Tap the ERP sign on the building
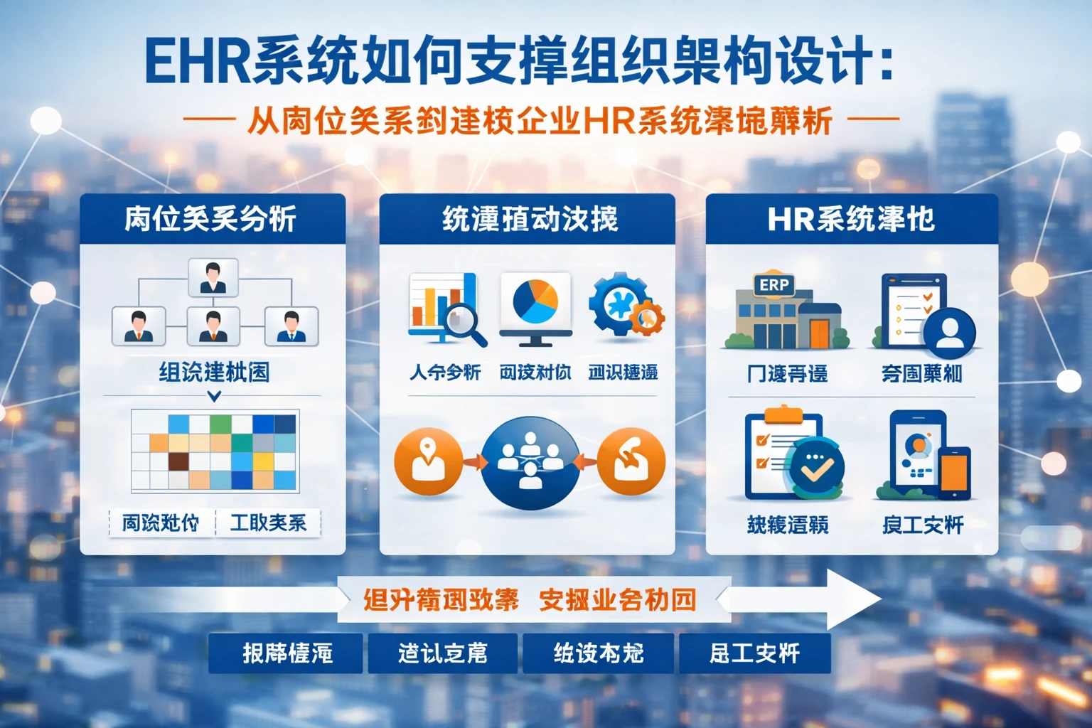pos(773,285)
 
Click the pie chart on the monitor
pos(535,301)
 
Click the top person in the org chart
pos(213,277)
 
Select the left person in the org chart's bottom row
pos(139,326)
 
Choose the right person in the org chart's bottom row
pos(291,326)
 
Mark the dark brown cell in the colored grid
pos(178,461)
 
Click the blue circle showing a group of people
pos(530,462)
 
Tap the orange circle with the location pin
pos(428,461)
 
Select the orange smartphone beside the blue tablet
pos(954,472)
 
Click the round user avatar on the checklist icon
pos(949,331)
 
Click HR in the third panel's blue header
pos(791,220)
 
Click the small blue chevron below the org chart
pos(214,396)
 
